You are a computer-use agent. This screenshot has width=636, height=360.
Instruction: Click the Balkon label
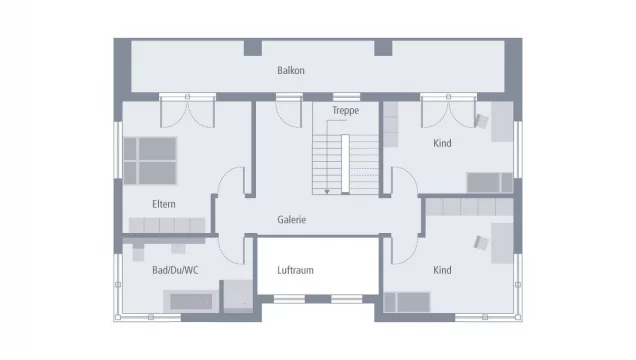point(290,71)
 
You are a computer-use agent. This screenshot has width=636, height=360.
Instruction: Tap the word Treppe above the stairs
point(345,111)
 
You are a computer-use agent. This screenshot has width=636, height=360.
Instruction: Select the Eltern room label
point(164,204)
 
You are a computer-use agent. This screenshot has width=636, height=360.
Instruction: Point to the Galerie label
point(291,220)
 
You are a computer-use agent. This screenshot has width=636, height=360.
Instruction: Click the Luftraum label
point(295,271)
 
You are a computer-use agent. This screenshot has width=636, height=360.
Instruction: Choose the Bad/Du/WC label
point(174,271)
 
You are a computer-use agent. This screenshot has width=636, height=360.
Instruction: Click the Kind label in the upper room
point(442,144)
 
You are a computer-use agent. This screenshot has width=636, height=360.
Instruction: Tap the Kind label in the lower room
point(442,271)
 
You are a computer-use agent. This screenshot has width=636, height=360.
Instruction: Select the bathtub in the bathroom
point(193,301)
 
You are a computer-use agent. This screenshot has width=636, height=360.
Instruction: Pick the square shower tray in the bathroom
point(238,295)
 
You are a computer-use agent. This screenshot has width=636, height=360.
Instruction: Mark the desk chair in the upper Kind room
point(482,123)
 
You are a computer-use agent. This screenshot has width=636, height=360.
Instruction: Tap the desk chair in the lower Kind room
point(482,242)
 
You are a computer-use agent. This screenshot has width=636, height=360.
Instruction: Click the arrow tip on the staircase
point(327,191)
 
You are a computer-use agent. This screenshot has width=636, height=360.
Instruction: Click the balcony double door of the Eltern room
point(186,111)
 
